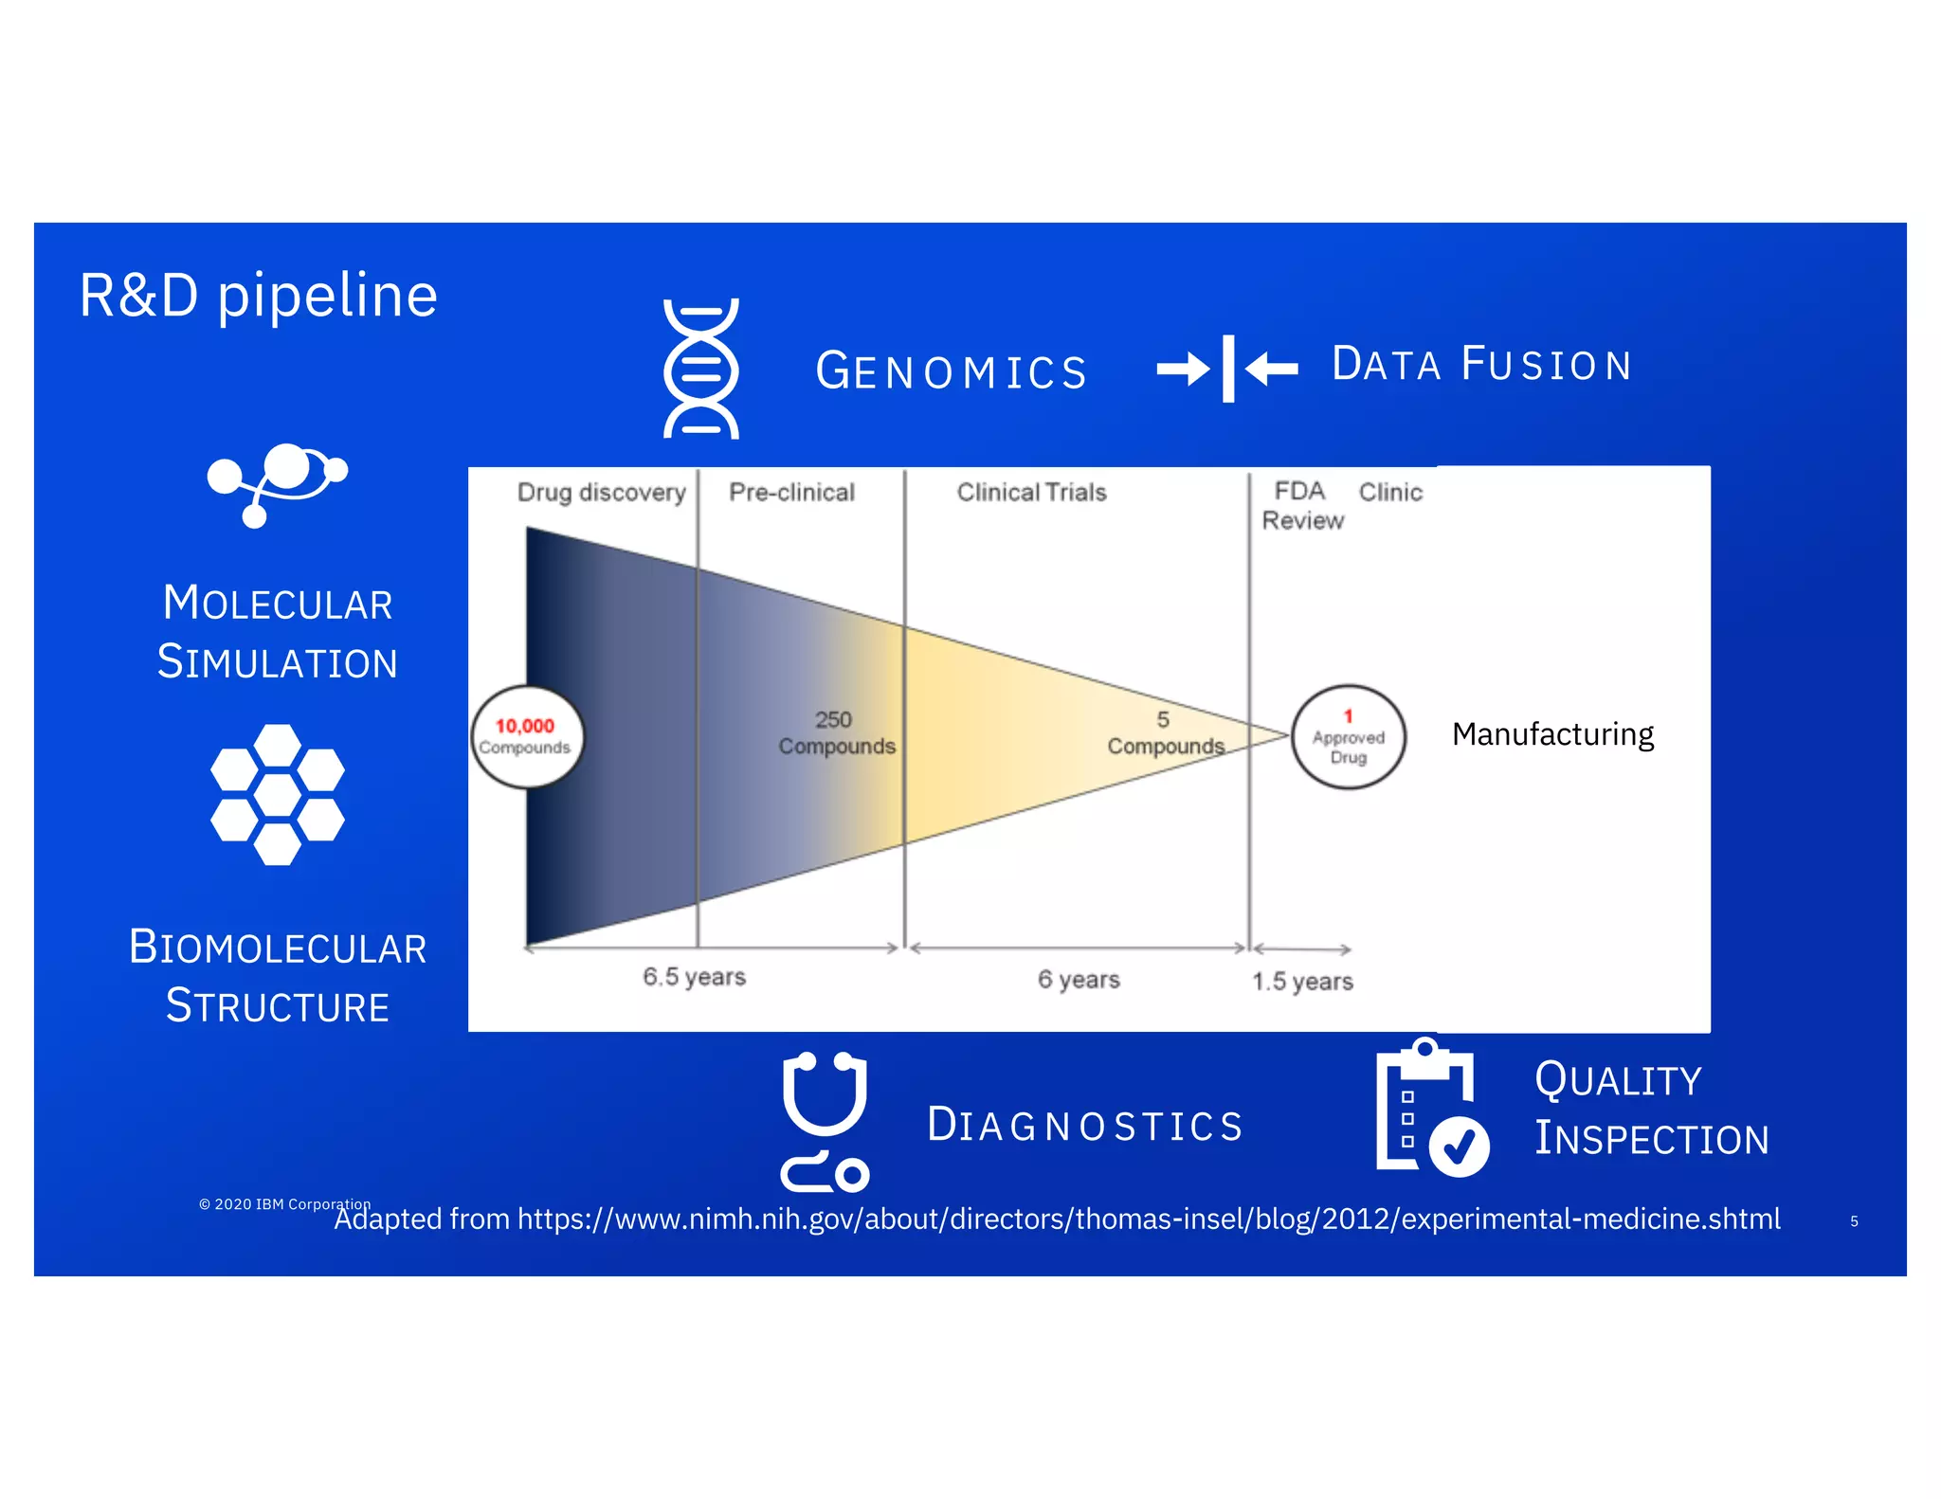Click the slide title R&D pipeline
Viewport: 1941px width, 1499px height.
click(258, 296)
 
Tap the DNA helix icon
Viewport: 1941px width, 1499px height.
click(700, 368)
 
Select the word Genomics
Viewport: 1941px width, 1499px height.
click(952, 370)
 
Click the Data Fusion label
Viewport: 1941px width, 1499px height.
click(1481, 365)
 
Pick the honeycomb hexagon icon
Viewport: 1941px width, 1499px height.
click(277, 794)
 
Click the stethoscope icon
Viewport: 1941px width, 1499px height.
click(824, 1121)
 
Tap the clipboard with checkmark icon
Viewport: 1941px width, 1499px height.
click(1431, 1109)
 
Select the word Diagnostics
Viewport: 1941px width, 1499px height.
click(1084, 1125)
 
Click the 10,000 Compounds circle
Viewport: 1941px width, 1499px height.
click(527, 736)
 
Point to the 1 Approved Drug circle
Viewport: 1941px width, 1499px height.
click(1348, 736)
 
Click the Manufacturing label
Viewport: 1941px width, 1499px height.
click(1552, 734)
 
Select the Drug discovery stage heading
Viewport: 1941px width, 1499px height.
click(601, 493)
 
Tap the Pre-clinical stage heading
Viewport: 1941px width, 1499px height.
click(791, 493)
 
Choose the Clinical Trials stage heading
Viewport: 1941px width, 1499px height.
click(1031, 493)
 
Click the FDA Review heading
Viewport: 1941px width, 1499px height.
click(1302, 505)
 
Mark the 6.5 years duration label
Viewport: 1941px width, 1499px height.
click(694, 977)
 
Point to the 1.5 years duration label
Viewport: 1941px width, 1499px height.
click(1302, 981)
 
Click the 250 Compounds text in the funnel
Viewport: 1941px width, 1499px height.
click(836, 732)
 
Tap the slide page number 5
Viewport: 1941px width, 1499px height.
click(1854, 1221)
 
